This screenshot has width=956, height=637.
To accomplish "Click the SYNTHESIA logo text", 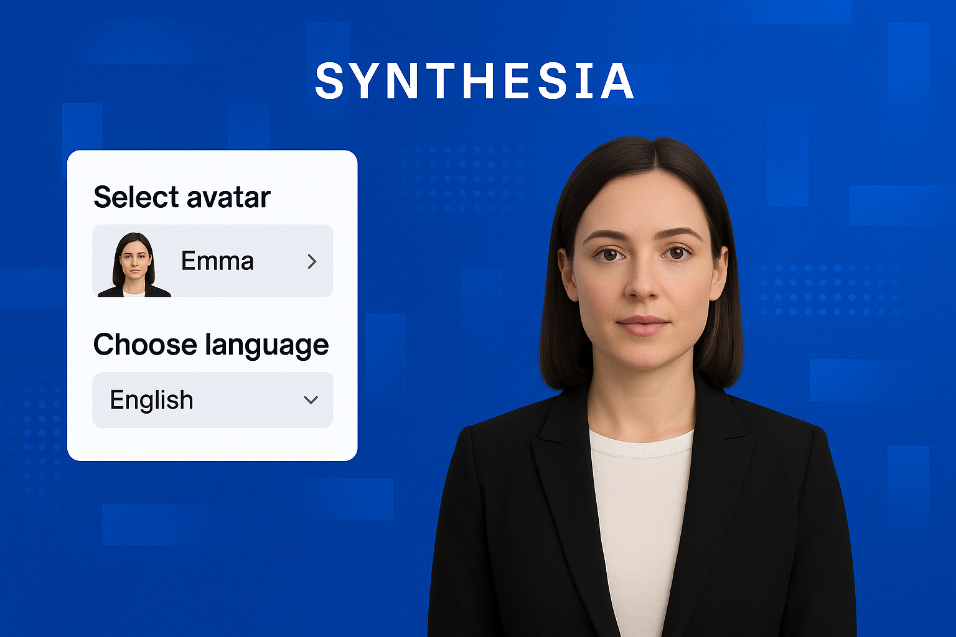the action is [474, 81].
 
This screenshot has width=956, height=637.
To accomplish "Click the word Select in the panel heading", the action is [136, 197].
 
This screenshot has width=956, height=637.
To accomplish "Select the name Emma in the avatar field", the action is [217, 261].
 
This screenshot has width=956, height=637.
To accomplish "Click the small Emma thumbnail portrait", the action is [134, 264].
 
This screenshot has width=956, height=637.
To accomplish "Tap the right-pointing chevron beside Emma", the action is [312, 261].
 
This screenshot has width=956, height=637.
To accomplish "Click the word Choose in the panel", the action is [145, 344].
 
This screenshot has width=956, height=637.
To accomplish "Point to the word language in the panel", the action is [267, 346].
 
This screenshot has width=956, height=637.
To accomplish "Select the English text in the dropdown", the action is [151, 401].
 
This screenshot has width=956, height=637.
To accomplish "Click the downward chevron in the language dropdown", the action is [311, 400].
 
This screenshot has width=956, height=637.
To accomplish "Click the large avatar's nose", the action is [642, 282].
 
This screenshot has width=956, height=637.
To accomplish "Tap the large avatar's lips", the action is [643, 325].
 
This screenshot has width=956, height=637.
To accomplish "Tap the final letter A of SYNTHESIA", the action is [616, 81].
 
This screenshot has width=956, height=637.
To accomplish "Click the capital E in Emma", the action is [189, 261].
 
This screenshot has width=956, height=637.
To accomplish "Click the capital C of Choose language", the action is [105, 344].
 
